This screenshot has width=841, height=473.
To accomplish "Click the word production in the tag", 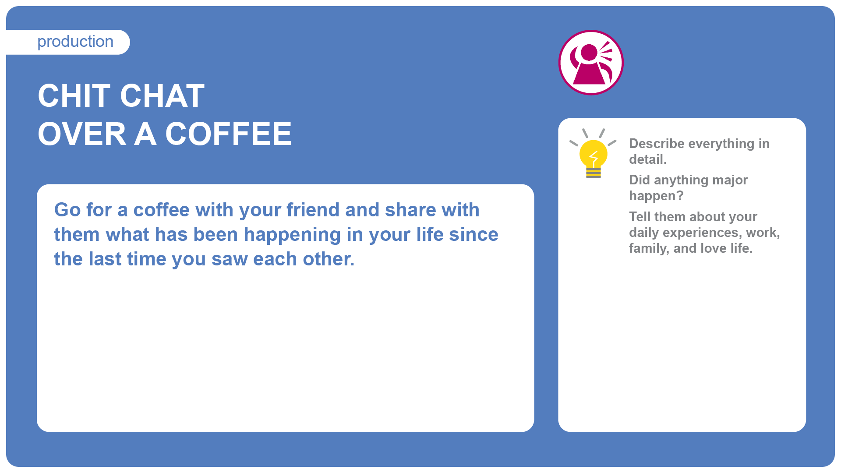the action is coord(75,42).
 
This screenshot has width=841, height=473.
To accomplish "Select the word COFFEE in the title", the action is coord(228,134).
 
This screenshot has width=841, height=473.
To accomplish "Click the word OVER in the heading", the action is coord(82,134).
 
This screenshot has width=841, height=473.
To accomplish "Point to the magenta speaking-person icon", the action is coord(591,62).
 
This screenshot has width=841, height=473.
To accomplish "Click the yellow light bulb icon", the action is coord(593,154).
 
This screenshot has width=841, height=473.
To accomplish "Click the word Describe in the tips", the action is coord(657,144).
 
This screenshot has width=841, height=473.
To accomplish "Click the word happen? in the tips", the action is coord(656,196).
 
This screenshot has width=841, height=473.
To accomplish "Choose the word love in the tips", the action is coord(714,248).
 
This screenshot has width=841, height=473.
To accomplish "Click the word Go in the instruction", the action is coord(67,210).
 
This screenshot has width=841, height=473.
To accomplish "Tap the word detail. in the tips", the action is coord(648,159).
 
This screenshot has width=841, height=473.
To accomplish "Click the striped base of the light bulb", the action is coord(594,173).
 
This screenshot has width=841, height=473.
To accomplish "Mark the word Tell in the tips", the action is coord(640,217).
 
